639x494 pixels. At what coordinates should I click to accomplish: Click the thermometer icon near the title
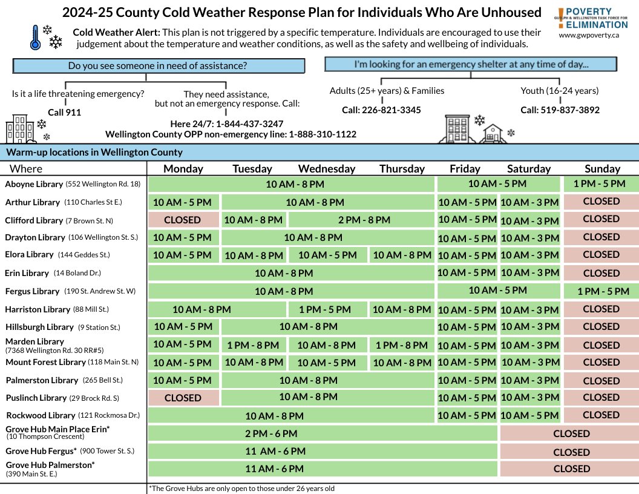pyautogui.click(x=34, y=38)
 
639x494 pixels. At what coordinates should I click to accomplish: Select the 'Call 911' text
pyautogui.click(x=64, y=112)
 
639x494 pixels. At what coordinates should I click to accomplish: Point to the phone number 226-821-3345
pyautogui.click(x=381, y=110)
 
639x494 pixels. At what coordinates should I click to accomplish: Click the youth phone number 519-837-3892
pyautogui.click(x=560, y=110)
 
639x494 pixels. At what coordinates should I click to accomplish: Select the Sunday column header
pyautogui.click(x=602, y=169)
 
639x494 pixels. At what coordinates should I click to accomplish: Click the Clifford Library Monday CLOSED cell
pyautogui.click(x=182, y=219)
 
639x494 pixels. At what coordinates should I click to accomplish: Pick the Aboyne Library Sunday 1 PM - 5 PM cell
pyautogui.click(x=601, y=183)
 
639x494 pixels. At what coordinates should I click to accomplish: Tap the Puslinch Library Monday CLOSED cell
pyautogui.click(x=182, y=398)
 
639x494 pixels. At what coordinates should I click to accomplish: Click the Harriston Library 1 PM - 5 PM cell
pyautogui.click(x=325, y=309)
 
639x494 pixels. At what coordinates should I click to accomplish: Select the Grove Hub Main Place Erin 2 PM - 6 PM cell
pyautogui.click(x=271, y=433)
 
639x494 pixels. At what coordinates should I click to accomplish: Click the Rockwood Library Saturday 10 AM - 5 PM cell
pyautogui.click(x=530, y=415)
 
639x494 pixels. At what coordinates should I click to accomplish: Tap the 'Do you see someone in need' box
pyautogui.click(x=158, y=66)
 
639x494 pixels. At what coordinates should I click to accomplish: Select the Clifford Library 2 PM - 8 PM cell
pyautogui.click(x=361, y=220)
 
